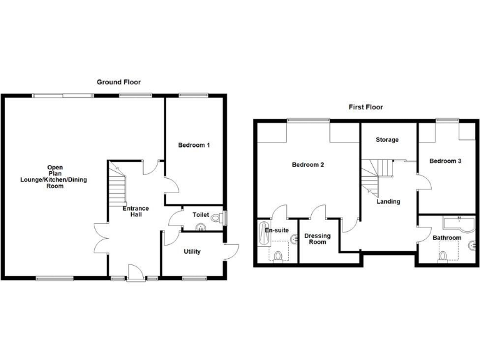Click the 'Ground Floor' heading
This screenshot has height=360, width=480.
[x=119, y=82]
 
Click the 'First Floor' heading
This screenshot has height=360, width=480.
[x=366, y=107]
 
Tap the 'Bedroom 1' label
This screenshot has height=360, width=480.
[x=194, y=146]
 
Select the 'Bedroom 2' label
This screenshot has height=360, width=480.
[x=307, y=165]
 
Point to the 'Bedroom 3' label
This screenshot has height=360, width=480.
[x=445, y=161]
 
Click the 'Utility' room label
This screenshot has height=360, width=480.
[x=192, y=252]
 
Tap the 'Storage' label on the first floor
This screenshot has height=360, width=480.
[x=387, y=140]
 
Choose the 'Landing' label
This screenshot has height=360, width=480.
[x=388, y=201]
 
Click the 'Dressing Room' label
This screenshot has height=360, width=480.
[x=317, y=239]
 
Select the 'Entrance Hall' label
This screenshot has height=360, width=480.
[x=136, y=211]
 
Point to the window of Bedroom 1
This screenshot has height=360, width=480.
[x=187, y=95]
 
